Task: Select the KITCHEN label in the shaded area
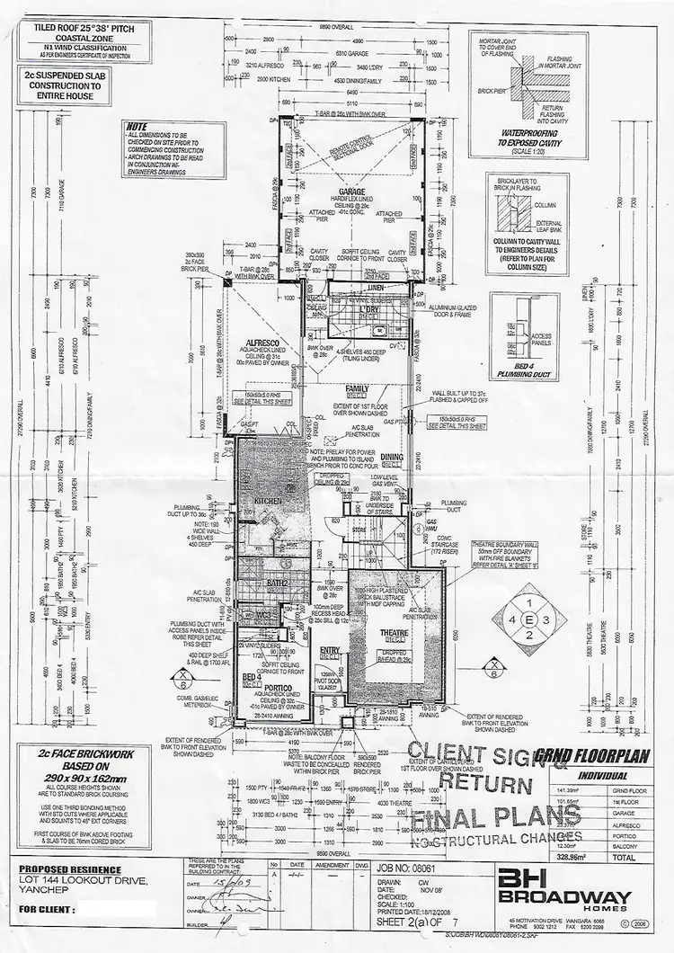click(x=268, y=501)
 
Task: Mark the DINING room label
click(x=391, y=458)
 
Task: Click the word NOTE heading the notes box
click(x=137, y=127)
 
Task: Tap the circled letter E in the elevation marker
click(x=529, y=619)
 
